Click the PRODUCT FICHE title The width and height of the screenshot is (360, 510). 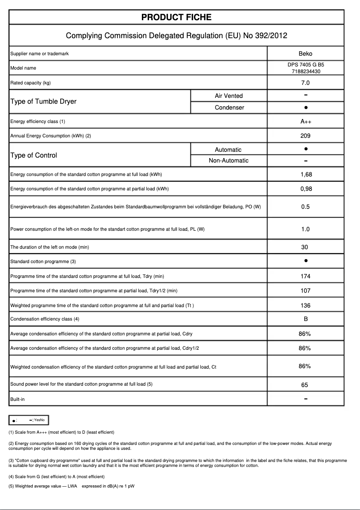(176, 18)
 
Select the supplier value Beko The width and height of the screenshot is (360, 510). (305, 54)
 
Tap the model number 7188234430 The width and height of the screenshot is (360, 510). (305, 71)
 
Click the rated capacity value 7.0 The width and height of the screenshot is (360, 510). (305, 83)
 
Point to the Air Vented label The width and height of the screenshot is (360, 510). (228, 96)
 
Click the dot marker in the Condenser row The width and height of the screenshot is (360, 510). (305, 108)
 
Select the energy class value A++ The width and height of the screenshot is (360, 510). (305, 122)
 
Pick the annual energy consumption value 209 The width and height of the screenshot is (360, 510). (305, 136)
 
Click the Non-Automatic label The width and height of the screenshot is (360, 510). (228, 161)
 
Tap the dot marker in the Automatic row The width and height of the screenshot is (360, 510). (305, 149)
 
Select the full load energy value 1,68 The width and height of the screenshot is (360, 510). (305, 174)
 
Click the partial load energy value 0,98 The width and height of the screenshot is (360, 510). (305, 189)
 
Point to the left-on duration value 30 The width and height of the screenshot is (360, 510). (305, 247)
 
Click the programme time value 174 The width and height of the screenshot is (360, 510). (305, 277)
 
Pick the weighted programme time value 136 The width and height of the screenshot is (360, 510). (305, 306)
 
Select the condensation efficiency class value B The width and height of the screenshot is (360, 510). (305, 319)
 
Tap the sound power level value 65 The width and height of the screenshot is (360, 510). (305, 385)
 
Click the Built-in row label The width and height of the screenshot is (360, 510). (18, 399)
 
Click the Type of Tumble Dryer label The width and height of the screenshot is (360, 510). (43, 101)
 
